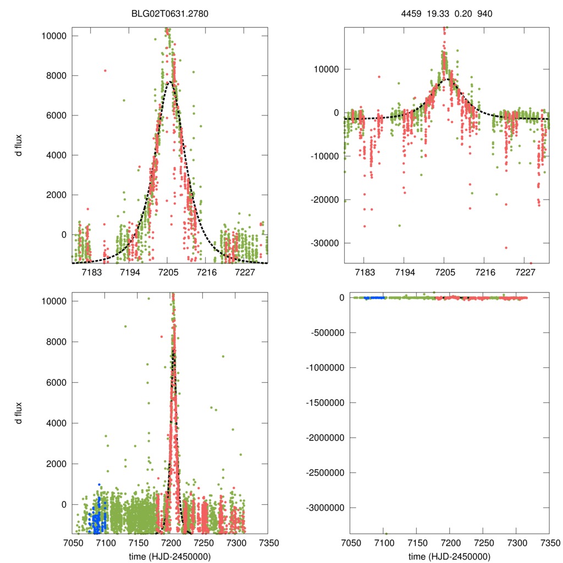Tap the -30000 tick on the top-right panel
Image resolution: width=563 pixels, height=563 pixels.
(328, 242)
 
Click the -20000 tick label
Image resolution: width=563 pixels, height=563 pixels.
(328, 199)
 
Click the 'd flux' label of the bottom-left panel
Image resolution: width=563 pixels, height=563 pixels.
(19, 413)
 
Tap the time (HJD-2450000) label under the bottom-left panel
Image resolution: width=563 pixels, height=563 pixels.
(169, 556)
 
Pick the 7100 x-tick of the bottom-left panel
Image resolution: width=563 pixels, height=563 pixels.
(105, 543)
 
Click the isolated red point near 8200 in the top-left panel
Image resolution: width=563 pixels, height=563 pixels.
(105, 70)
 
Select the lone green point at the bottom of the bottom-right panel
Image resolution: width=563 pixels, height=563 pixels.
(386, 533)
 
